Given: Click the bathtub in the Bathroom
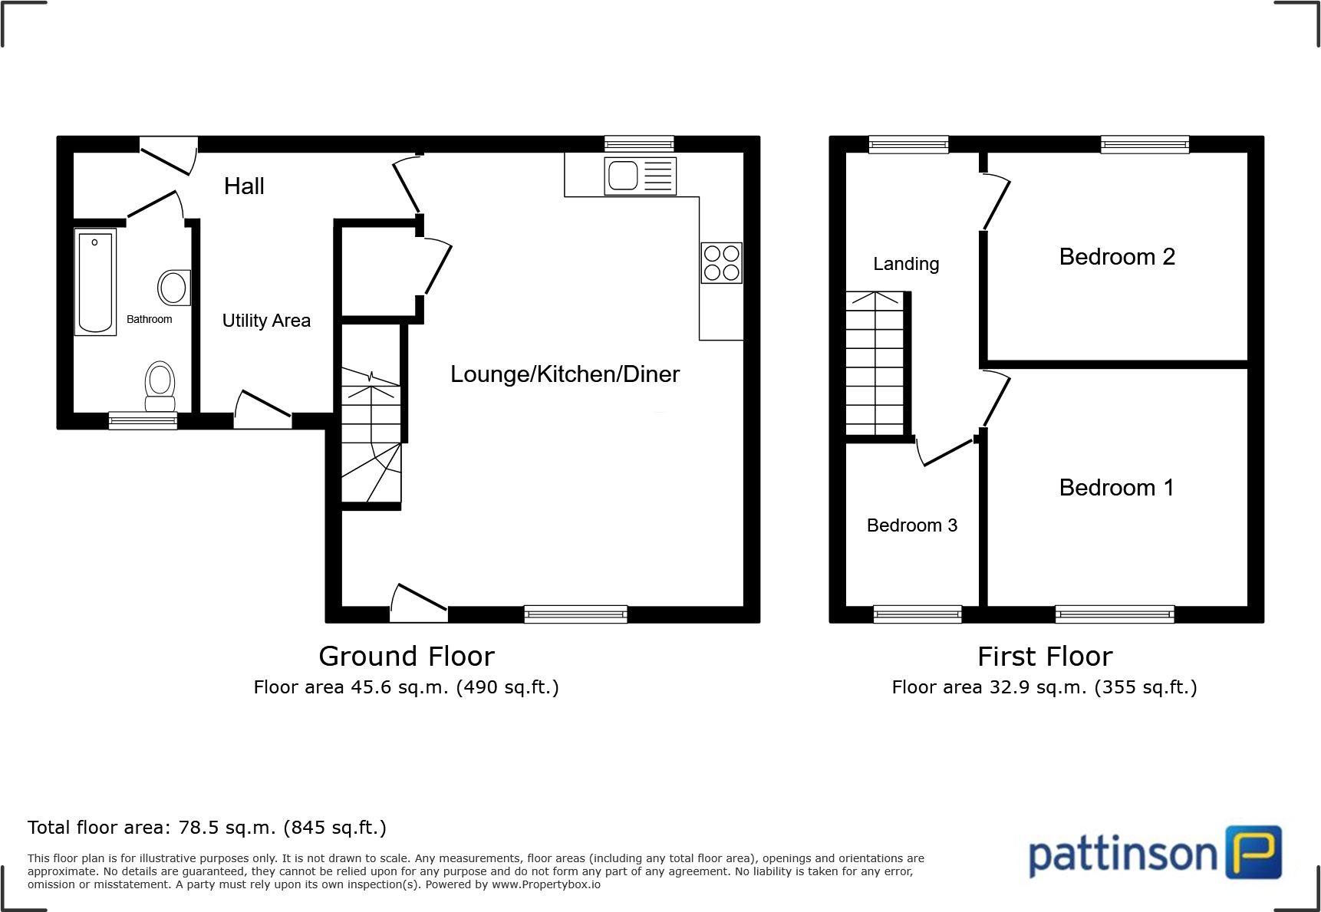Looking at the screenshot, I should pos(95,282).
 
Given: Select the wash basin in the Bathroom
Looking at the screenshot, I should pos(173,288).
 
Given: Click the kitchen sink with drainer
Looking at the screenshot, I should pos(640,176).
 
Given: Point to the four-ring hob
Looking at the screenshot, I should pos(721,262).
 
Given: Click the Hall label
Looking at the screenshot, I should pos(244,186).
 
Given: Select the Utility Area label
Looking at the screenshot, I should pos(266,321).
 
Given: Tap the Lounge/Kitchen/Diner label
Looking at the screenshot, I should pos(565,374).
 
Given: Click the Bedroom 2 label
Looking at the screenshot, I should pos(1116,257).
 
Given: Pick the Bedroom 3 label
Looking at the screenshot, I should pos(911,525).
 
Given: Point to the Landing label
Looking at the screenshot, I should pos(906,264).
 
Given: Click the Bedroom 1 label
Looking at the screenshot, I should pos(1116,488).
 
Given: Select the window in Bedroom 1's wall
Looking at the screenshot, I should pos(1114,614).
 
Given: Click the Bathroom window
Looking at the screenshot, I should pos(143,420).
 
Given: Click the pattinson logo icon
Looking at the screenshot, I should pos(1253,852).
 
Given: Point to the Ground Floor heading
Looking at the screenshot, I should pos(407,657).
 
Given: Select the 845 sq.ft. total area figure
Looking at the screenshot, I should pos(334,828).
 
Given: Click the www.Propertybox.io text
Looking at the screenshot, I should pos(545,885).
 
